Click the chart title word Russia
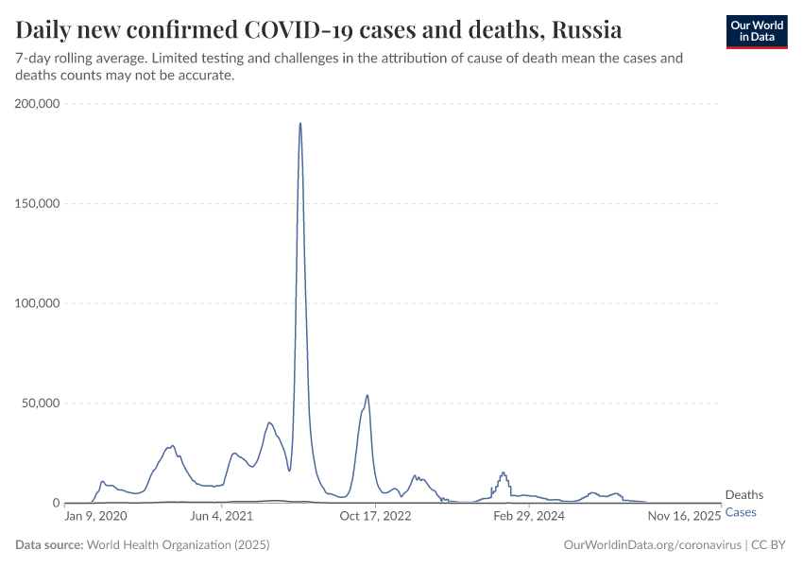click(587, 30)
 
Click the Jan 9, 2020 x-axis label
click(95, 517)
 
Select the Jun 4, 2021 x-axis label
click(221, 517)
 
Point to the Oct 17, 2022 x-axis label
click(376, 517)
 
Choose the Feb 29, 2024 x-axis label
click(530, 517)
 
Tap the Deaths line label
click(743, 495)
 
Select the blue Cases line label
click(741, 512)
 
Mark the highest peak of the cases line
click(300, 123)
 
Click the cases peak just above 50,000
click(367, 395)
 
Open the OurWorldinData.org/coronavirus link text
click(651, 545)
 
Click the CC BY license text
click(769, 545)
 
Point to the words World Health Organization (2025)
click(178, 545)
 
